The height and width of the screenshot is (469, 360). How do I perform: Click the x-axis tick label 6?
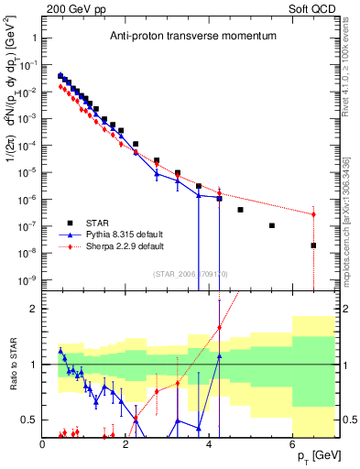(292, 444)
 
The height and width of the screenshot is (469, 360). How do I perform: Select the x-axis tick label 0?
(43, 444)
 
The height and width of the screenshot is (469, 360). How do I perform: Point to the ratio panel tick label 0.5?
(28, 420)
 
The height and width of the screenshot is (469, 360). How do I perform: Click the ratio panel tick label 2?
(33, 309)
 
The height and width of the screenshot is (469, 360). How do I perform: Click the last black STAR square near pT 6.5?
(313, 245)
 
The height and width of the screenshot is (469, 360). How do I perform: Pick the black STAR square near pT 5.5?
(272, 225)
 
